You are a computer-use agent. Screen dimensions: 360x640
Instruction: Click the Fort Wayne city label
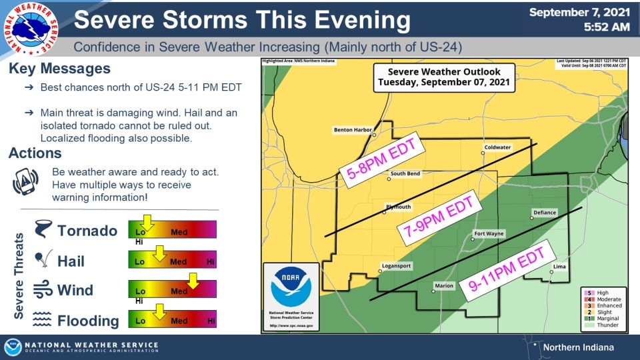(489, 234)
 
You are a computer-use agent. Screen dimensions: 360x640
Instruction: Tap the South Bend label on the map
(405, 174)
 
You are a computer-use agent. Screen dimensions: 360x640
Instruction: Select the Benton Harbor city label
(353, 130)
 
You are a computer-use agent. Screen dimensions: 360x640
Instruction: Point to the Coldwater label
(497, 147)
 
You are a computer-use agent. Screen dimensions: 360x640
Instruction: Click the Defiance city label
(544, 213)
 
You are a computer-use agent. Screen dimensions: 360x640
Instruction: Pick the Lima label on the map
(560, 267)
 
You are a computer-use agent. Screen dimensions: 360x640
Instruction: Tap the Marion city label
(444, 286)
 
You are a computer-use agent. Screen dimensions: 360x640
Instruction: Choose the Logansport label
(396, 265)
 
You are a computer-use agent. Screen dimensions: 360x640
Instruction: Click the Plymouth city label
(399, 207)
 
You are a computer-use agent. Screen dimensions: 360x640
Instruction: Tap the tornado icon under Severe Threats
(42, 230)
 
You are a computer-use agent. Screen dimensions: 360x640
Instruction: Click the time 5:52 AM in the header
(606, 27)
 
